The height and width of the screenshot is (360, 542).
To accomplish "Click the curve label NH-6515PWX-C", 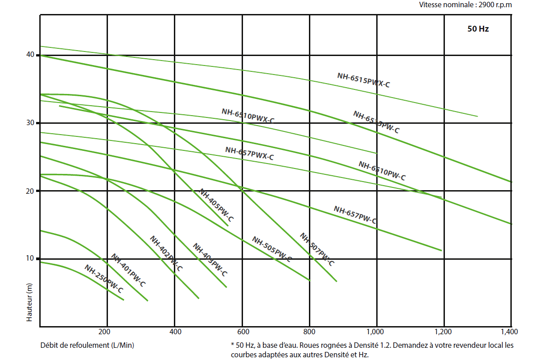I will [363, 79].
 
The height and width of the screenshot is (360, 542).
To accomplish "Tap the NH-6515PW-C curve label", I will [376, 122].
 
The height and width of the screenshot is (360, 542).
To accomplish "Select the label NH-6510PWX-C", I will [248, 116].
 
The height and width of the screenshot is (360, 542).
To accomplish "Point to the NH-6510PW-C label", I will [382, 171].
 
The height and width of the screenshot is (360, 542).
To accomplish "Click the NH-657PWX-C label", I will [249, 154].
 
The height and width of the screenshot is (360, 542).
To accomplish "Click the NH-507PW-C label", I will [317, 249].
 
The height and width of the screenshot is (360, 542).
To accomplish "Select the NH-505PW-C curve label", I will [271, 249].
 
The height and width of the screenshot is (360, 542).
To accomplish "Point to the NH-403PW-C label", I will [210, 260].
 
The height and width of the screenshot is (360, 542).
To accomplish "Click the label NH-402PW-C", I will [166, 253].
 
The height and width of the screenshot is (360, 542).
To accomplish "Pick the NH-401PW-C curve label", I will [128, 271].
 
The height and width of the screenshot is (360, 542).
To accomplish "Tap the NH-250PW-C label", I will [103, 279].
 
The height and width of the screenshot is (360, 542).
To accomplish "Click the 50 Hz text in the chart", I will [478, 29].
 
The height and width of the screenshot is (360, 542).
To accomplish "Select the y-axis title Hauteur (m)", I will [29, 306].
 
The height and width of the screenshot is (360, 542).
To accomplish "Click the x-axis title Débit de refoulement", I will [87, 345].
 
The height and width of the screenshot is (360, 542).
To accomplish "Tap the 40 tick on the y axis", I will [31, 55].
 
